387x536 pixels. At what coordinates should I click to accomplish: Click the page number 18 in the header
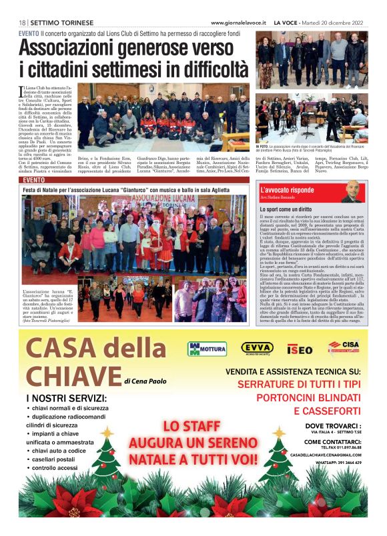pyautogui.click(x=23, y=22)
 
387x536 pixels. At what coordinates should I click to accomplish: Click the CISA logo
pyautogui.click(x=344, y=347)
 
